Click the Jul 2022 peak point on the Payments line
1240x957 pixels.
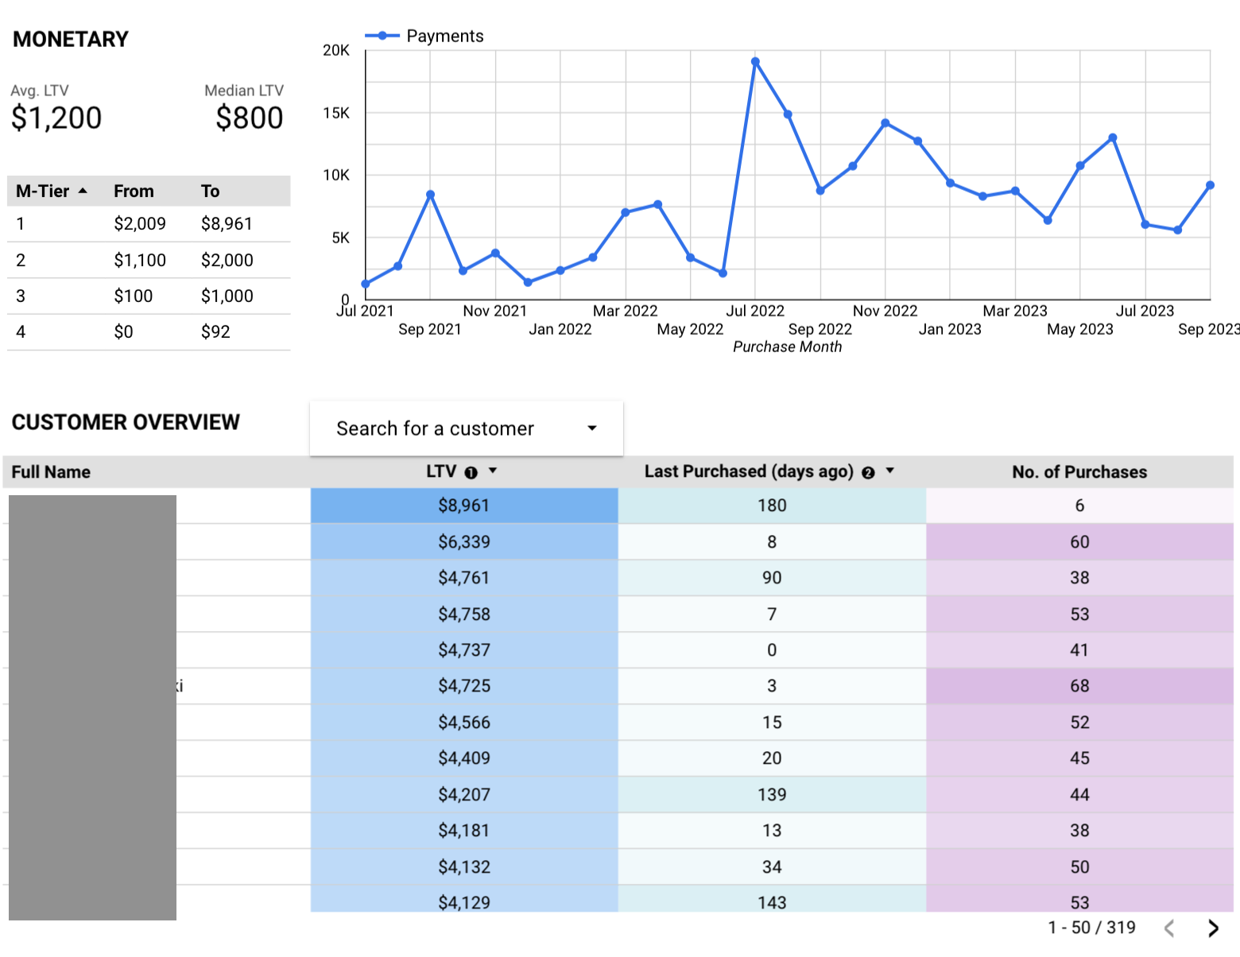(x=755, y=61)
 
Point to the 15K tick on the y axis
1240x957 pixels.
(x=336, y=113)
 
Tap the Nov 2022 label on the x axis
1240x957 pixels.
(x=885, y=311)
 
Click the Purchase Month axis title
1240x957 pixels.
(x=787, y=347)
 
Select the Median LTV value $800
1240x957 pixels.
(x=249, y=118)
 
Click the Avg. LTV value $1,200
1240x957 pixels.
(x=56, y=118)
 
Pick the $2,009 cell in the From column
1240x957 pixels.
(x=140, y=224)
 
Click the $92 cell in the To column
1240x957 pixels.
(x=215, y=331)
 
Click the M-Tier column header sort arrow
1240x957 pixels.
(x=83, y=191)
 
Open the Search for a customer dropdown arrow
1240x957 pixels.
(x=592, y=428)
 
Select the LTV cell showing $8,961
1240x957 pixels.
(x=464, y=506)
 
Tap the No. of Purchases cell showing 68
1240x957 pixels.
(x=1079, y=686)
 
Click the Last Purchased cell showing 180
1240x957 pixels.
(x=772, y=506)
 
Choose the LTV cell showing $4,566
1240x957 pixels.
(x=464, y=723)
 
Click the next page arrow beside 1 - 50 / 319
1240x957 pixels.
(x=1213, y=928)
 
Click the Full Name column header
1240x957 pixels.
(x=51, y=472)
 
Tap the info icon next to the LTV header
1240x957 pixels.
(x=471, y=472)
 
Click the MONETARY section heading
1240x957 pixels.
(x=71, y=39)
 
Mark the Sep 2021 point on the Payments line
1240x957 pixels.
(x=430, y=195)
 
